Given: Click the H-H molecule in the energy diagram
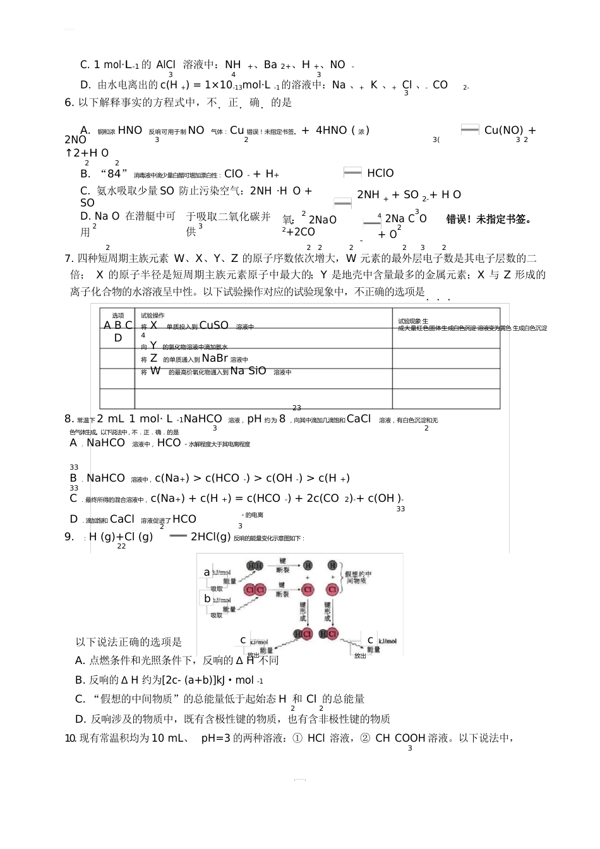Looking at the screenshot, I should (255, 566).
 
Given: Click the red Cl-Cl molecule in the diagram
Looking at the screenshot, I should (255, 590).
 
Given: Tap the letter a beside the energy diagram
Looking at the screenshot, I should (207, 572).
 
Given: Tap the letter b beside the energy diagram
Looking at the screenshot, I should (207, 598).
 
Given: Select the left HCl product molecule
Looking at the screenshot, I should (303, 634).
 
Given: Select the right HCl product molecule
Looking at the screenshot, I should (328, 634).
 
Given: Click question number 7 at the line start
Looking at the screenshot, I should (69, 258).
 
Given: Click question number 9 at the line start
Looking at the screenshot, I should (69, 537).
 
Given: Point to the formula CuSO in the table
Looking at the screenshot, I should (213, 325).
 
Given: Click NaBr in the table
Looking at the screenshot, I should (215, 358).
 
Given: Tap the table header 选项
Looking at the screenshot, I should (118, 316).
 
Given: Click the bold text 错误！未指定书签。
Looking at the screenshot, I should (489, 219).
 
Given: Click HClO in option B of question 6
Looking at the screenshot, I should (380, 173).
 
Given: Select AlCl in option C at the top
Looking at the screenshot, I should (165, 64).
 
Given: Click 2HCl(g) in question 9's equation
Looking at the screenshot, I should (211, 537).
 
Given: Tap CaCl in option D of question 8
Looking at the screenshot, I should (122, 519).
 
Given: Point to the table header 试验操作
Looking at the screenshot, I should (153, 316).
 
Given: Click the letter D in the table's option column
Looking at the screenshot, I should (118, 338).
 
